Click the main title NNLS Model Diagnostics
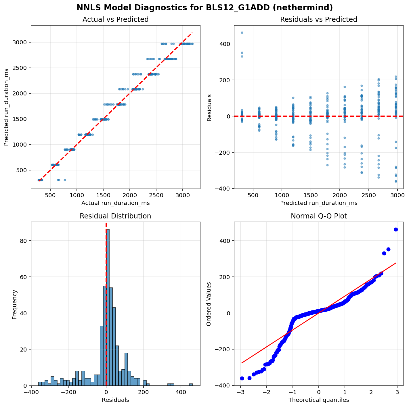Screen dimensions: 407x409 pos(205,8)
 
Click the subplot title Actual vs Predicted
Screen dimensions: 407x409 pos(115,20)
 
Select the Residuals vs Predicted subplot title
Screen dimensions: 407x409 pos(318,20)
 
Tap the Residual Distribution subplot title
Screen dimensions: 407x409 pos(115,216)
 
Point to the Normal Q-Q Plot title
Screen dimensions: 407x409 pos(318,216)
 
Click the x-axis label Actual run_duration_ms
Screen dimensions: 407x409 pos(115,203)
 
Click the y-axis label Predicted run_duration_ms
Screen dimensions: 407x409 pos(6,107)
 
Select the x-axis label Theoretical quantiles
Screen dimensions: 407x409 pos(318,400)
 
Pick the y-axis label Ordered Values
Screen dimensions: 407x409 pos(209,304)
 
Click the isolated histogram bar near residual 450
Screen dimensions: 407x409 pos(191,384)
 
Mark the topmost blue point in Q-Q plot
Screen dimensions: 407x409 pos(396,229)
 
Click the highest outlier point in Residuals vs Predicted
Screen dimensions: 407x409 pos(242,32)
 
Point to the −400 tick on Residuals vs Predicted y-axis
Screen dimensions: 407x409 pos(225,189)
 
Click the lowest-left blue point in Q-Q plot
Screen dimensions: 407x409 pos(242,378)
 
